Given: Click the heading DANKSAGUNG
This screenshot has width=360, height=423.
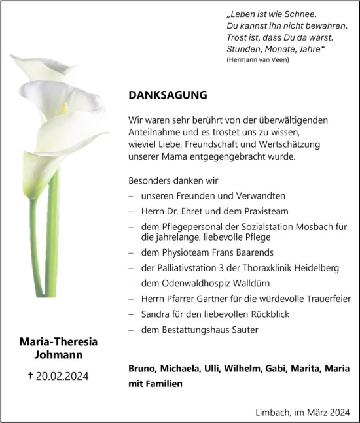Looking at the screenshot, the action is click(168, 95).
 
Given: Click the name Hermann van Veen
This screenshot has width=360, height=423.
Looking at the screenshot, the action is click(257, 60).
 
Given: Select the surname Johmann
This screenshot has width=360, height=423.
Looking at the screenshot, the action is click(55, 354).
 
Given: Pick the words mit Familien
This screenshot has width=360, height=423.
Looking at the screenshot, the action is click(156, 384).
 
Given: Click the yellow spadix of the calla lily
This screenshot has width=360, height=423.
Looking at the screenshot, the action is click(64, 108).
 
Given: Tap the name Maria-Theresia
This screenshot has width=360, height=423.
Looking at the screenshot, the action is click(55, 341).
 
